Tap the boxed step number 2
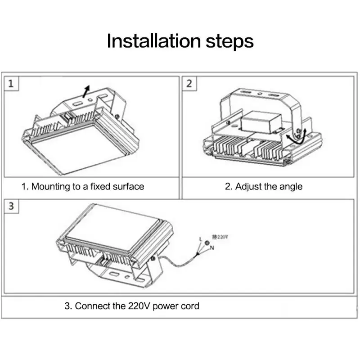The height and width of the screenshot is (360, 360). tap(189, 84)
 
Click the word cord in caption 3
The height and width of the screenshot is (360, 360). tap(189, 306)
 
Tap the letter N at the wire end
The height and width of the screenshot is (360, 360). tap(211, 248)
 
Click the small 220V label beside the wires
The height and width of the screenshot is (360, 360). tap(220, 236)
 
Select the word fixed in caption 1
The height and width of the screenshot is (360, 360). tap(99, 186)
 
